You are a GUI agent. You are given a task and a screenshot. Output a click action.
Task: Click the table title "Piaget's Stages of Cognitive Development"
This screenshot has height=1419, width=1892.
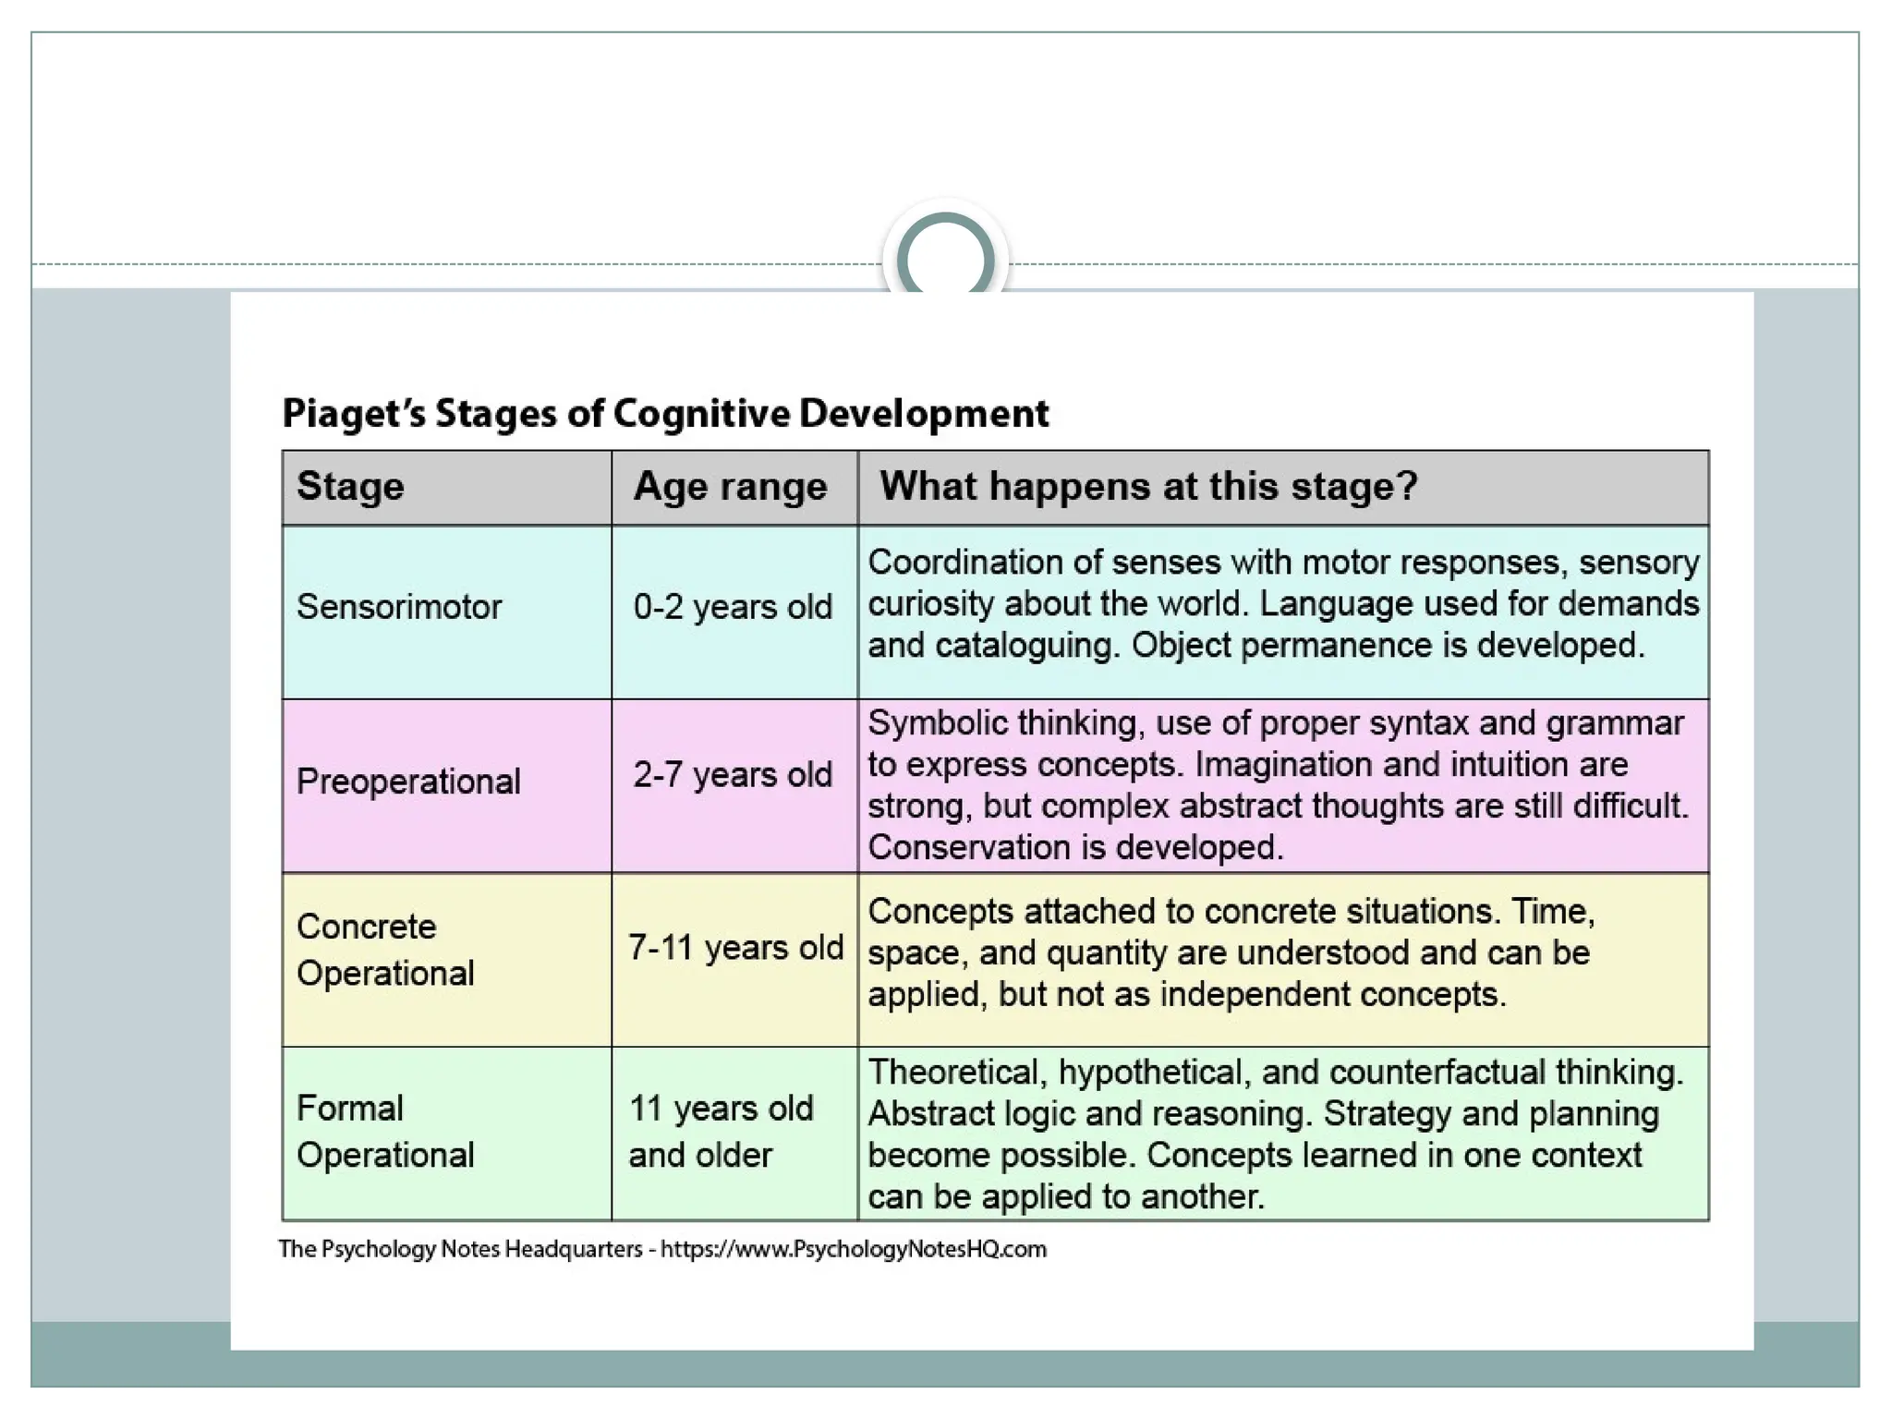(x=665, y=413)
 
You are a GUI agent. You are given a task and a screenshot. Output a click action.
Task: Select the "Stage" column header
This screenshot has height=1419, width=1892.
(x=350, y=486)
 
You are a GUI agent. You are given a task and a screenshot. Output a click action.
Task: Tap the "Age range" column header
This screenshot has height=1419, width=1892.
(x=730, y=486)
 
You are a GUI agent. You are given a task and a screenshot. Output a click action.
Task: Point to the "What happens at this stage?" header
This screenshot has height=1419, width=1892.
(x=1147, y=486)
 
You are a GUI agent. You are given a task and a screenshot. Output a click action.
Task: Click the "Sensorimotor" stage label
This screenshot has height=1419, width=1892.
(x=398, y=607)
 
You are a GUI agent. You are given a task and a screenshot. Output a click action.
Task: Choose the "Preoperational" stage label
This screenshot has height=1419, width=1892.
(x=408, y=782)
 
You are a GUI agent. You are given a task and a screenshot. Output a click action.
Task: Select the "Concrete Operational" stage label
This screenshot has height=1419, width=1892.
(x=385, y=950)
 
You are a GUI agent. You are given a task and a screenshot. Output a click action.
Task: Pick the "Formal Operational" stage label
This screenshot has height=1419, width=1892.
(x=385, y=1132)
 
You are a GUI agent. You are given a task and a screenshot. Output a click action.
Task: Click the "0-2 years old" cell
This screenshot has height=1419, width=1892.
(x=733, y=607)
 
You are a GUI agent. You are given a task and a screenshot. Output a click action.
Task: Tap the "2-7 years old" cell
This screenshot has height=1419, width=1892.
(x=733, y=774)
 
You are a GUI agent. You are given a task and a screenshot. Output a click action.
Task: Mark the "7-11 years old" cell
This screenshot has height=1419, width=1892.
(x=735, y=947)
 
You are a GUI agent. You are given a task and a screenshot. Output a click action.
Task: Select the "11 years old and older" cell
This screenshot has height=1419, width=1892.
(x=721, y=1132)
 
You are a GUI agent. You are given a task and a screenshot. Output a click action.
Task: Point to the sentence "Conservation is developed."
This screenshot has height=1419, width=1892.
(x=1075, y=847)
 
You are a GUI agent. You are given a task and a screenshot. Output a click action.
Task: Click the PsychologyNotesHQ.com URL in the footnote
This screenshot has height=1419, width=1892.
(x=854, y=1249)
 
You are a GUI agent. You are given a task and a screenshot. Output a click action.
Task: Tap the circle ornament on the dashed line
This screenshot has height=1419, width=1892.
(x=945, y=258)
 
